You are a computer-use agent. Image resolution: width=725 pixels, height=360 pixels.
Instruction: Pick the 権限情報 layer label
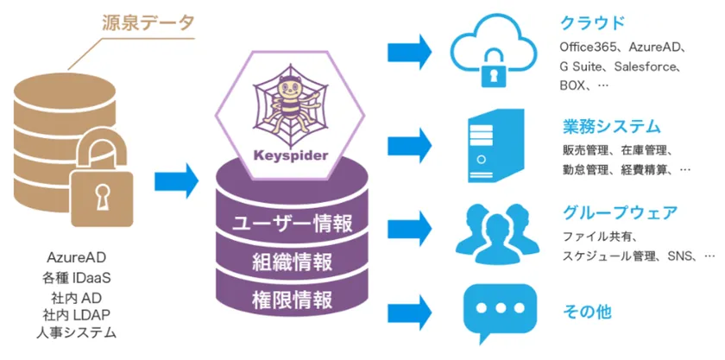[293, 300]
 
